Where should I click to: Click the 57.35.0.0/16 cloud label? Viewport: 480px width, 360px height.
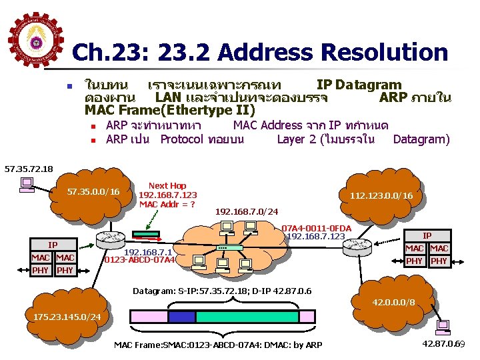[95, 192]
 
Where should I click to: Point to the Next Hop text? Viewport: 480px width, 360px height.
[167, 185]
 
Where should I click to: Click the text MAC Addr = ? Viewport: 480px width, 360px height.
[167, 203]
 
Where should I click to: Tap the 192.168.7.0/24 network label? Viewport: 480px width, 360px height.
[247, 211]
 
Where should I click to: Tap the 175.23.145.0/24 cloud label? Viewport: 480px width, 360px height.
[68, 315]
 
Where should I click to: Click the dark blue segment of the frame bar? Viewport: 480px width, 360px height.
[181, 317]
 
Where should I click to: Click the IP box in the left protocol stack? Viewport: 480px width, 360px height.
[53, 245]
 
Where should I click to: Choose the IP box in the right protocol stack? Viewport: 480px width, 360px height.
[427, 235]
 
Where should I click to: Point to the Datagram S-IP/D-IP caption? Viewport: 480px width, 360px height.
[222, 291]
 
